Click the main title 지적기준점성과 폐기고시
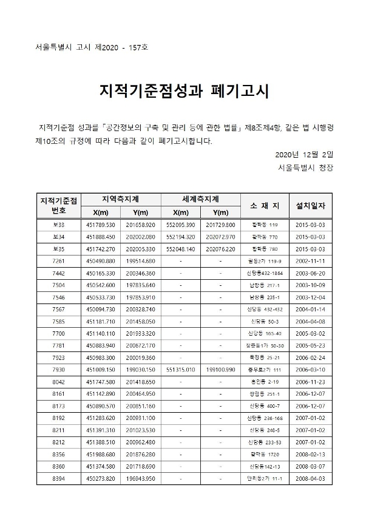[183, 92]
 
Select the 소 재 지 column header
[264, 205]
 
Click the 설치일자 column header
[310, 205]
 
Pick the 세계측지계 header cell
[200, 199]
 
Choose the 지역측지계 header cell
[121, 199]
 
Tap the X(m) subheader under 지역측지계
[101, 212]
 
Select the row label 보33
[59, 225]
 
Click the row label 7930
[59, 368]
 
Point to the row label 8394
[59, 478]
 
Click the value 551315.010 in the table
[180, 368]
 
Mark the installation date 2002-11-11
[310, 260]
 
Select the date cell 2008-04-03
[310, 478]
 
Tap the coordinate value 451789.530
[101, 225]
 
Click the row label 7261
[59, 260]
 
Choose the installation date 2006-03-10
[310, 368]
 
